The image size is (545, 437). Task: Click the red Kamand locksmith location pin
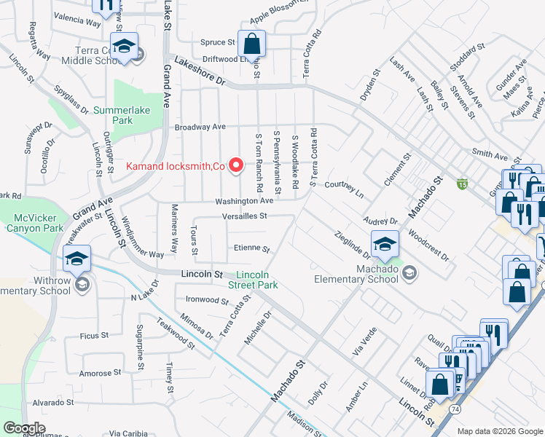pos(236,166)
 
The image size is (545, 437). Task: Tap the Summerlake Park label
pos(113,115)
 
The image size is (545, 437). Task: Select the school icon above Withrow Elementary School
pos(77,258)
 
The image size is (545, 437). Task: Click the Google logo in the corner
pos(25,428)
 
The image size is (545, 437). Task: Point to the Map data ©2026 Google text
pos(500,431)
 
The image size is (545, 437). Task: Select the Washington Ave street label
pos(243,201)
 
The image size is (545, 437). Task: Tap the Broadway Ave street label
pos(200,127)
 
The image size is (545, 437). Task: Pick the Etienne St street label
pos(252,248)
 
